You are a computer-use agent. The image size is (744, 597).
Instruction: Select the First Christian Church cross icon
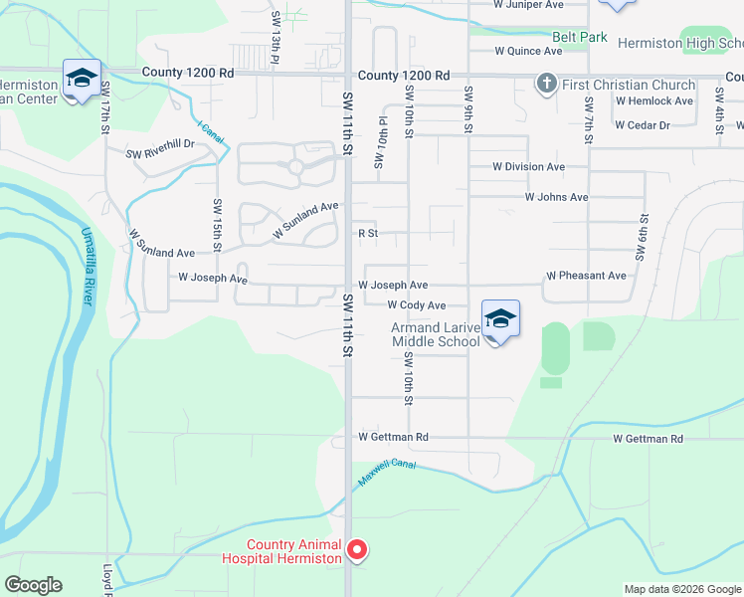click(x=545, y=85)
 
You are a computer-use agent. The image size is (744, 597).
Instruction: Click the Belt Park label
click(x=580, y=37)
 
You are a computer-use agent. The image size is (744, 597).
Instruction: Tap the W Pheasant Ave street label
click(x=586, y=276)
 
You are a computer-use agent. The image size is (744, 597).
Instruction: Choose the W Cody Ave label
click(x=416, y=305)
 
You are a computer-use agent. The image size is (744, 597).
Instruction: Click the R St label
click(x=369, y=234)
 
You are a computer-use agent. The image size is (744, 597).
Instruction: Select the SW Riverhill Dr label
click(x=160, y=149)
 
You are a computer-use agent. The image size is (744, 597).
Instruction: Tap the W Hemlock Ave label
click(x=653, y=101)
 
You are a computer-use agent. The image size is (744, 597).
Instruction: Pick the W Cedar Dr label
click(x=643, y=125)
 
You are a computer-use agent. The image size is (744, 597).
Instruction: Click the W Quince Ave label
click(x=527, y=51)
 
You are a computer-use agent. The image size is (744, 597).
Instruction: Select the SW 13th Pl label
click(x=274, y=38)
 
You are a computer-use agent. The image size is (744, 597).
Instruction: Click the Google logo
click(x=33, y=585)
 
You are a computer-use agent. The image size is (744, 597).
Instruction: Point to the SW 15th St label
click(x=216, y=223)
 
